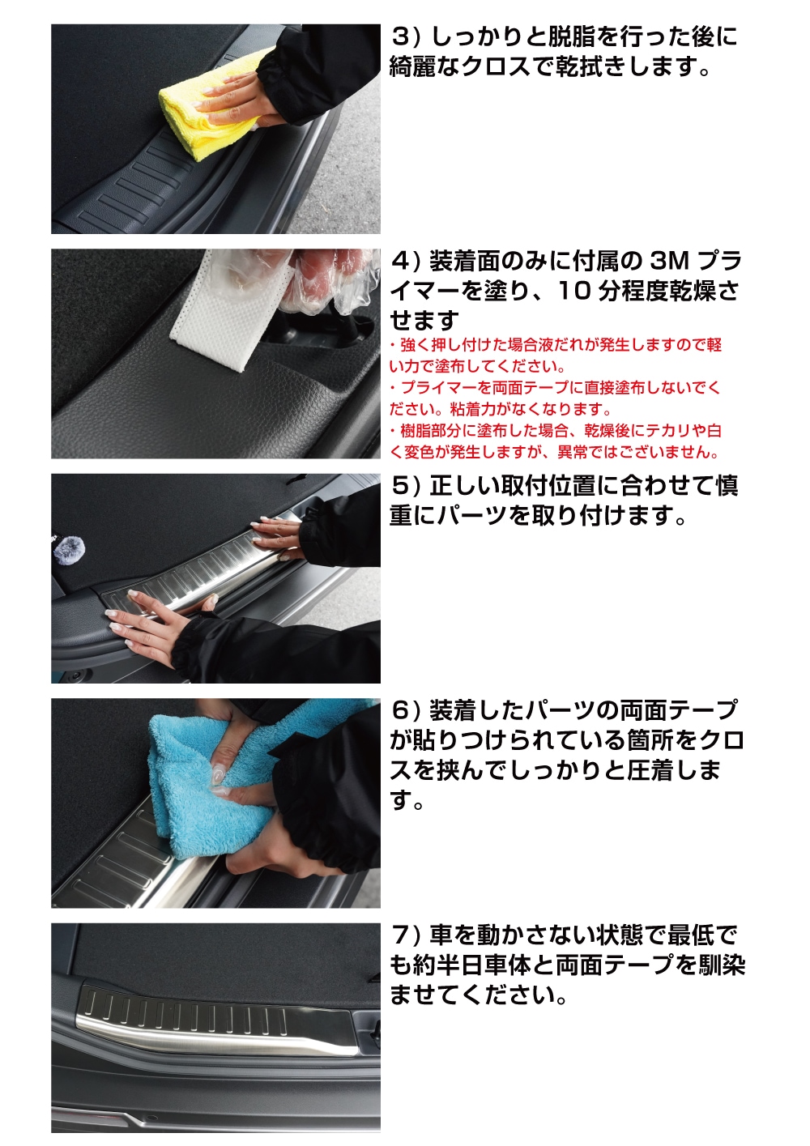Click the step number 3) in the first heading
405,37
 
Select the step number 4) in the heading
405,262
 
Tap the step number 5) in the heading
405,486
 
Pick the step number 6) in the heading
405,711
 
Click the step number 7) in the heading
405,935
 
